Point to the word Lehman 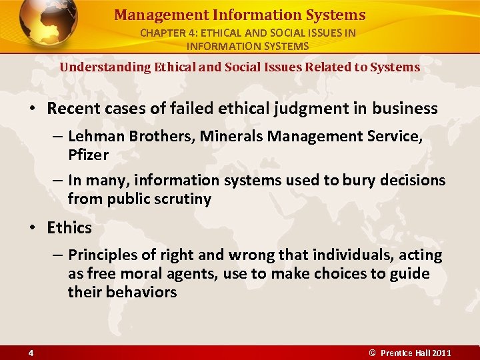[93, 137]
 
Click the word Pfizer [88, 155]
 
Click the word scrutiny [180, 199]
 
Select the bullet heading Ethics [69, 228]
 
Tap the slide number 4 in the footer [31, 353]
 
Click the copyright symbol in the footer [373, 353]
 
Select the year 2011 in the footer [441, 353]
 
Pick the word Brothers [156, 137]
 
